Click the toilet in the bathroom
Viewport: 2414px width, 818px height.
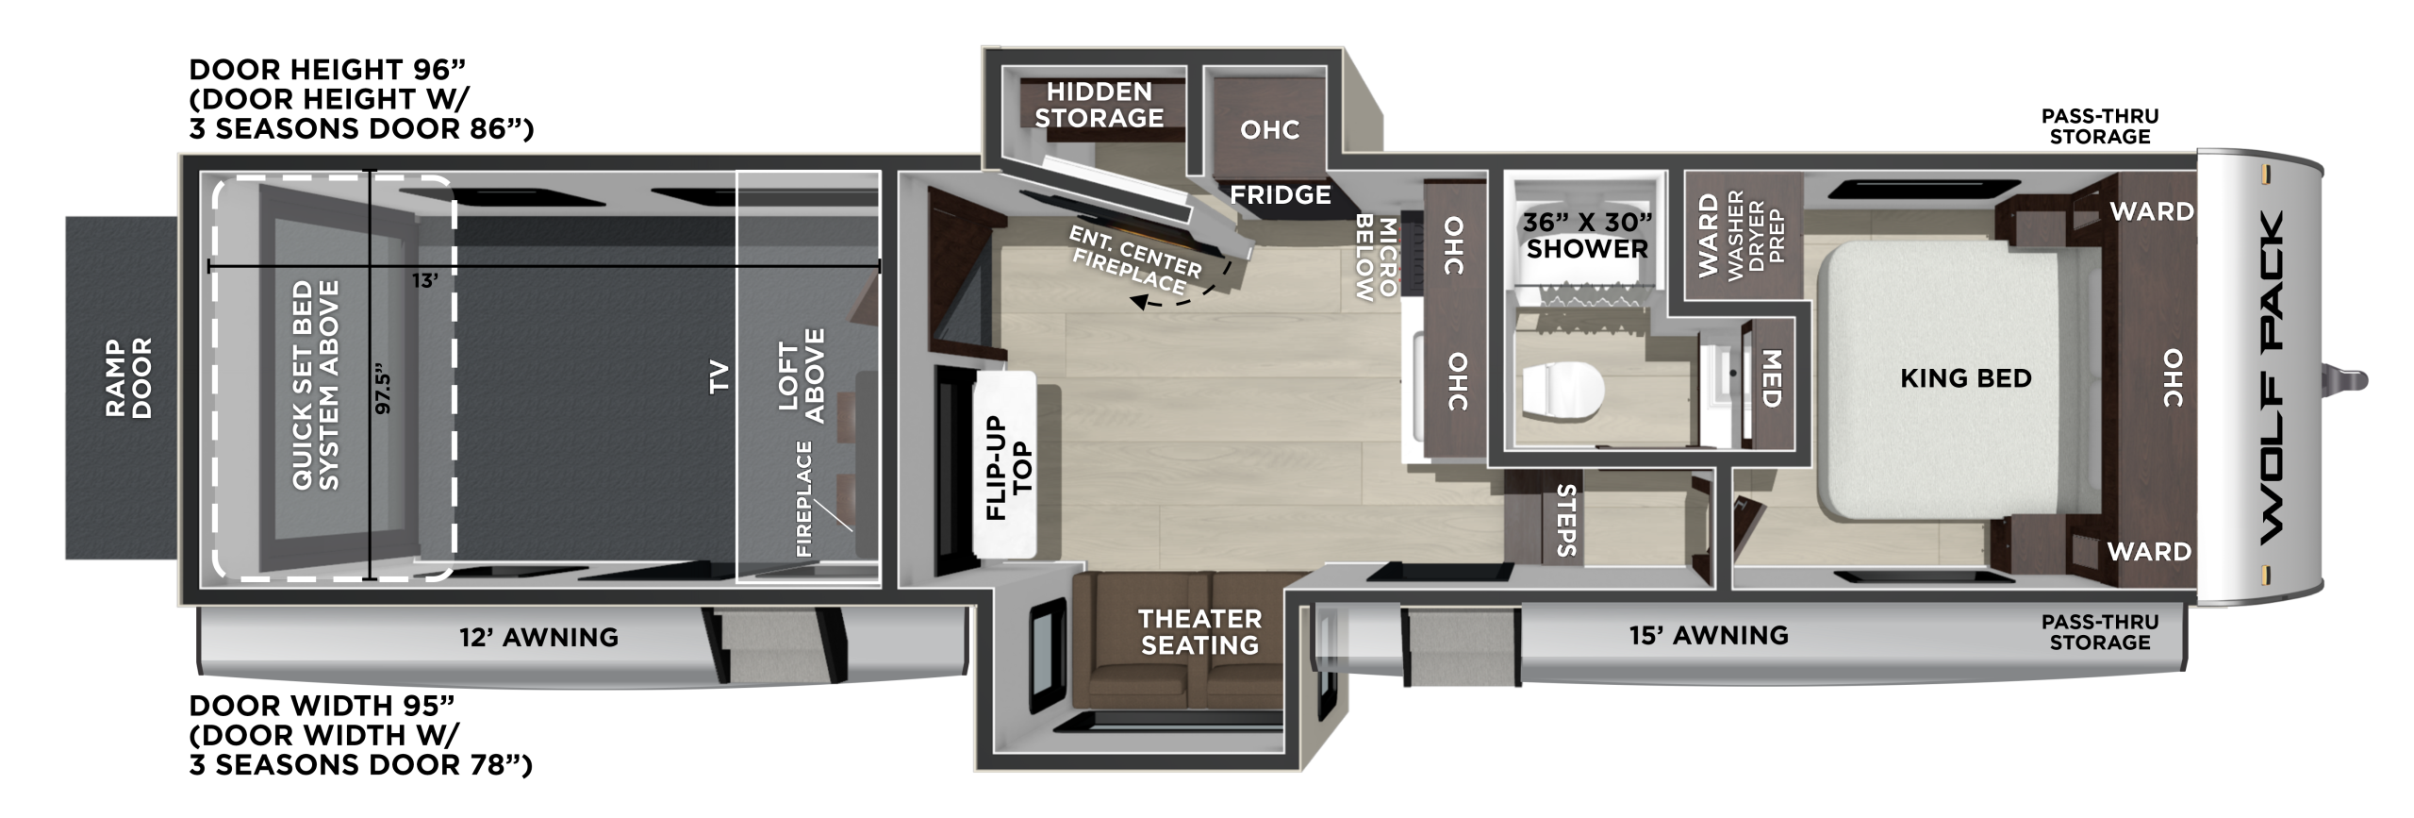[1562, 390]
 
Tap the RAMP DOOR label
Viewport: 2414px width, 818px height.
[129, 378]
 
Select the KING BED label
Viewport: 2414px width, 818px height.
[1965, 378]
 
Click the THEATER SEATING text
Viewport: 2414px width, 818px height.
[1199, 632]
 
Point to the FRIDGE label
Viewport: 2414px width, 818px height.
[1281, 194]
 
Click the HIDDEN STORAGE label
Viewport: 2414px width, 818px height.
[1100, 105]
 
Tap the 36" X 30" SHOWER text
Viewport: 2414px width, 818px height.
[1588, 236]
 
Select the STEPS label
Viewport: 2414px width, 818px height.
[1566, 520]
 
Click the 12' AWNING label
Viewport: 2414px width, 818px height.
[538, 637]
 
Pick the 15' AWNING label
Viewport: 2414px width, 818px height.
[1709, 635]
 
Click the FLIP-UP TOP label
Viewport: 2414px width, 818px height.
[1009, 468]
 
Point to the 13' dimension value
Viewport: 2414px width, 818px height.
[425, 280]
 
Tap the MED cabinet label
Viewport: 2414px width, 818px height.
[1771, 379]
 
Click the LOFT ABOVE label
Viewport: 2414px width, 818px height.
[802, 376]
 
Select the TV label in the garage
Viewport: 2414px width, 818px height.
[719, 376]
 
